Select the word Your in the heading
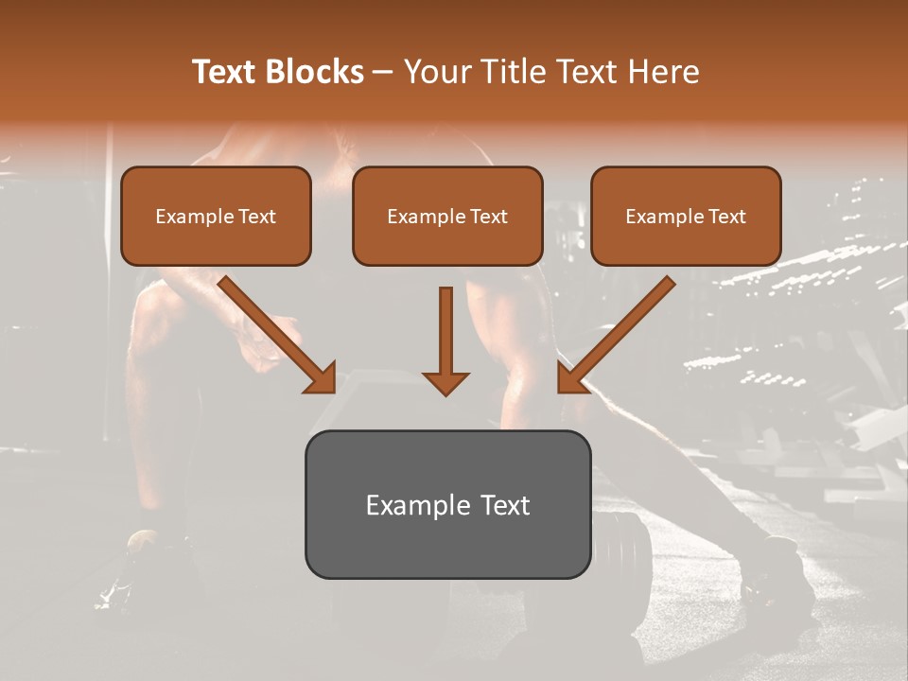point(434,72)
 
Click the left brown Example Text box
point(216,216)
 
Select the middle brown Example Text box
point(447,216)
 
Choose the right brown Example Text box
point(686,216)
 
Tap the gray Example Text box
point(447,504)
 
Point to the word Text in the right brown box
point(726,217)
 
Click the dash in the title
point(383,72)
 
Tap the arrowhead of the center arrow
point(445,382)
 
